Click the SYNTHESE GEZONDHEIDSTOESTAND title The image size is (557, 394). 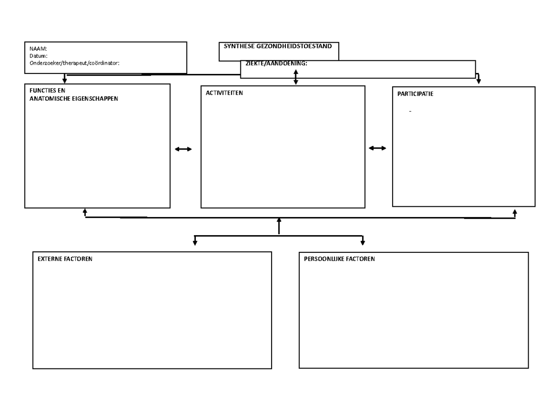278,46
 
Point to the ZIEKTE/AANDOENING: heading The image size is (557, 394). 276,64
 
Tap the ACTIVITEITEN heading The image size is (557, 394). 224,93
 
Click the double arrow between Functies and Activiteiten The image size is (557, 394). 183,149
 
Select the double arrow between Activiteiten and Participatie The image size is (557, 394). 377,148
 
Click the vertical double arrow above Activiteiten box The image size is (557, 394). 296,77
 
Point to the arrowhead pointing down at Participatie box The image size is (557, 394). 479,81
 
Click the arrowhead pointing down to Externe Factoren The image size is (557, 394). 195,243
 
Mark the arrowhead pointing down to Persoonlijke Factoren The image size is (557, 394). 363,243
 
